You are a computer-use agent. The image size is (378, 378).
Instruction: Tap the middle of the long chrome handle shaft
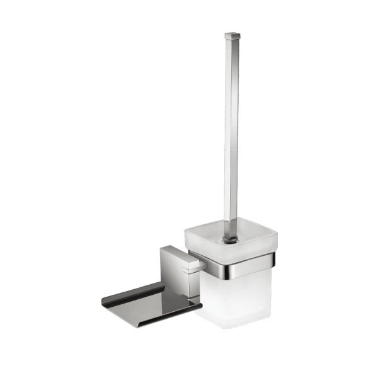[231, 126]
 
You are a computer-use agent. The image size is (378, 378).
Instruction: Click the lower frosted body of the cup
[233, 296]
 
